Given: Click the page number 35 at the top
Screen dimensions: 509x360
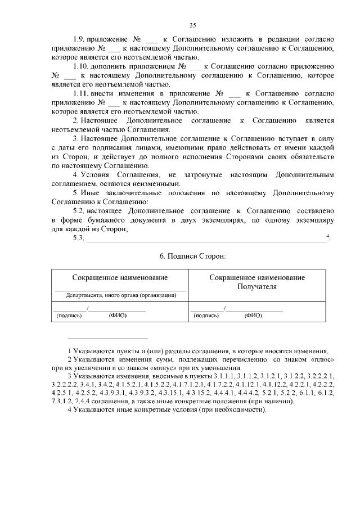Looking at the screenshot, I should [192, 25].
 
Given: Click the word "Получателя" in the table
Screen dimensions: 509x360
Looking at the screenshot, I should [258, 286].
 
